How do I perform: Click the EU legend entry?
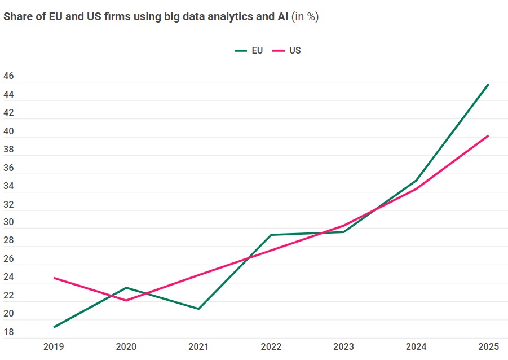249,50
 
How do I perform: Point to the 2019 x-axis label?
54,346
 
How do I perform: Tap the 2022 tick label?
271,346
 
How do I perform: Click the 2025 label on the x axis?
488,346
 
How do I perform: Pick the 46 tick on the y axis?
8,76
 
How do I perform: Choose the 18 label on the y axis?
8,332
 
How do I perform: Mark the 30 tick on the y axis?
8,222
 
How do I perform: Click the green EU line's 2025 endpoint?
488,84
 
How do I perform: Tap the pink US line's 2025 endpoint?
488,135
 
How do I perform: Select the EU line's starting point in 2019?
54,327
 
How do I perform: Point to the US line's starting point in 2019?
54,278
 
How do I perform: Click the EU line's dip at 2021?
198,309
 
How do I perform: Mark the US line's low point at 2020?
126,300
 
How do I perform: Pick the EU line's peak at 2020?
126,288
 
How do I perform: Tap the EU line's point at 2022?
271,235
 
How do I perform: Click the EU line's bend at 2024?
416,181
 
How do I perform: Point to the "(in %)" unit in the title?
305,16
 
